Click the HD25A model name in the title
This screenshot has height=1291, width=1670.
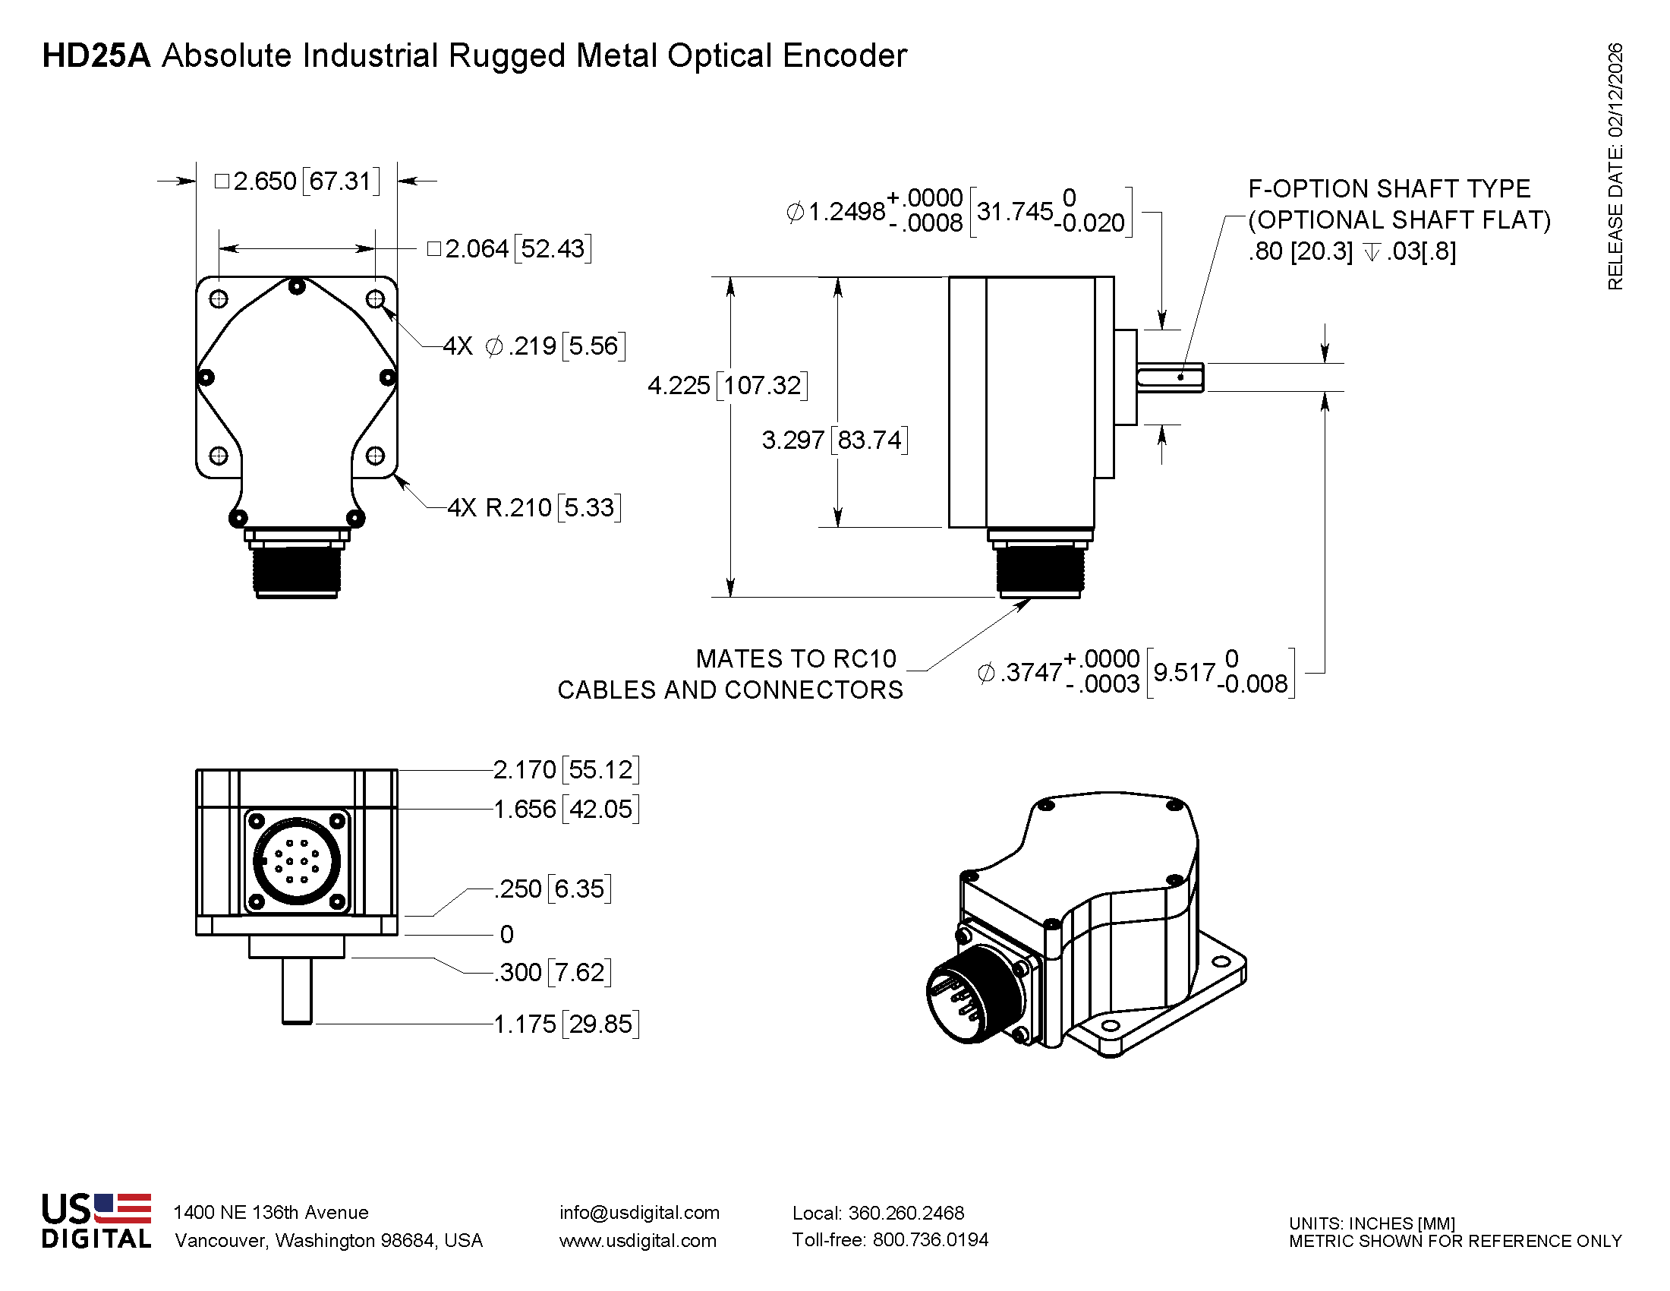96,56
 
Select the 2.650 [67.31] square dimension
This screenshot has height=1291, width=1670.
298,181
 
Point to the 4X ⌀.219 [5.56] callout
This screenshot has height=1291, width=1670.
534,346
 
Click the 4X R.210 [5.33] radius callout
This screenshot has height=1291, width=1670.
534,507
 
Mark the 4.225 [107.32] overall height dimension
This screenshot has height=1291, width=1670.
726,385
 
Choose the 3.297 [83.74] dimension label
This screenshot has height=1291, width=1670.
834,440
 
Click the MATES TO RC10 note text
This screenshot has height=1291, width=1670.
796,658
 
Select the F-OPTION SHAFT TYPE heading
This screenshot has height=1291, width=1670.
1388,188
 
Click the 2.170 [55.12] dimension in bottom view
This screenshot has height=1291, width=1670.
566,769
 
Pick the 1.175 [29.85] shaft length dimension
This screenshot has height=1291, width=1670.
566,1024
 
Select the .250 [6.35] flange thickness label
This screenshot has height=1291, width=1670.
553,889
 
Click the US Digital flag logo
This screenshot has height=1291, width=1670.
121,1208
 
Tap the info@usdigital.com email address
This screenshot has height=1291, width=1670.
639,1212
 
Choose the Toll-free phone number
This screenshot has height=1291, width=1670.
890,1240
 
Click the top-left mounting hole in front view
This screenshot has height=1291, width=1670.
219,298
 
